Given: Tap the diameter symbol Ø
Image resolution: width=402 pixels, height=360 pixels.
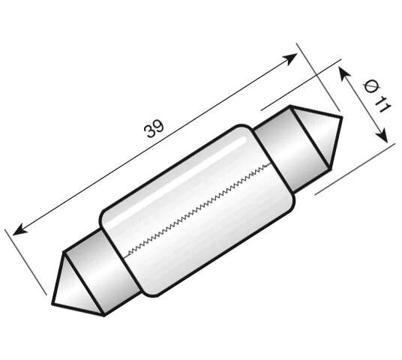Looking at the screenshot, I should coord(370,86).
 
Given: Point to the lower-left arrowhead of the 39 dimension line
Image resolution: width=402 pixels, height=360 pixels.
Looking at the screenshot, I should coord(19,227).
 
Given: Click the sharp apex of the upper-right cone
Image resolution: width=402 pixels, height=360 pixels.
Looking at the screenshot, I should coord(341,118).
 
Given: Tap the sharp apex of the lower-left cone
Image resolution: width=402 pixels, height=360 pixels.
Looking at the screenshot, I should coord(54,304).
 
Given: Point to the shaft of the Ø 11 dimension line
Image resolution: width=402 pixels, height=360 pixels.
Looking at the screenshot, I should coord(364,105).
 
